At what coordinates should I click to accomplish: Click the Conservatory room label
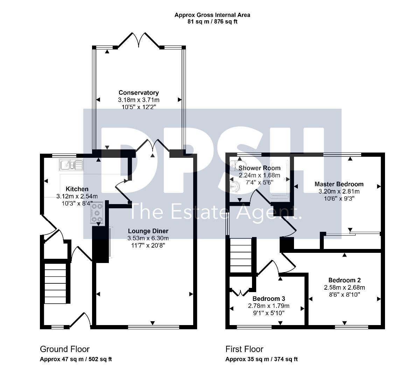click(x=139, y=93)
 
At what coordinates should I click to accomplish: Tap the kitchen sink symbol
click(x=71, y=165)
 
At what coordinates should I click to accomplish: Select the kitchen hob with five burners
click(x=97, y=213)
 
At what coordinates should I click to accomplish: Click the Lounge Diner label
click(x=148, y=231)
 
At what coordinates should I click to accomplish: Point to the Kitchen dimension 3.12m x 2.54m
click(x=77, y=196)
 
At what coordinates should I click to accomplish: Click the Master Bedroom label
click(x=339, y=184)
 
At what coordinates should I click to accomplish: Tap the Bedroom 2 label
click(x=344, y=280)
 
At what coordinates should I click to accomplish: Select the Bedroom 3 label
click(x=269, y=298)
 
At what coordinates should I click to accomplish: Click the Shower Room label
click(x=259, y=168)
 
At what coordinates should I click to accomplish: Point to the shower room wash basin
click(x=235, y=187)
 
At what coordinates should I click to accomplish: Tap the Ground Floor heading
click(x=65, y=349)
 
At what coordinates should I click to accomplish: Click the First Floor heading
click(x=244, y=349)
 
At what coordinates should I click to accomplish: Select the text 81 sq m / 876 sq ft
click(x=212, y=22)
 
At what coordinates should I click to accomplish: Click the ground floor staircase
click(x=55, y=283)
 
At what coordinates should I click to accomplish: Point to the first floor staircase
click(x=241, y=256)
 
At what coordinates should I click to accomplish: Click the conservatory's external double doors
click(x=139, y=40)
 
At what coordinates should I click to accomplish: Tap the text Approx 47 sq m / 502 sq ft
click(x=76, y=359)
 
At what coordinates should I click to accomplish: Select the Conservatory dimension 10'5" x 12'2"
click(x=139, y=107)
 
